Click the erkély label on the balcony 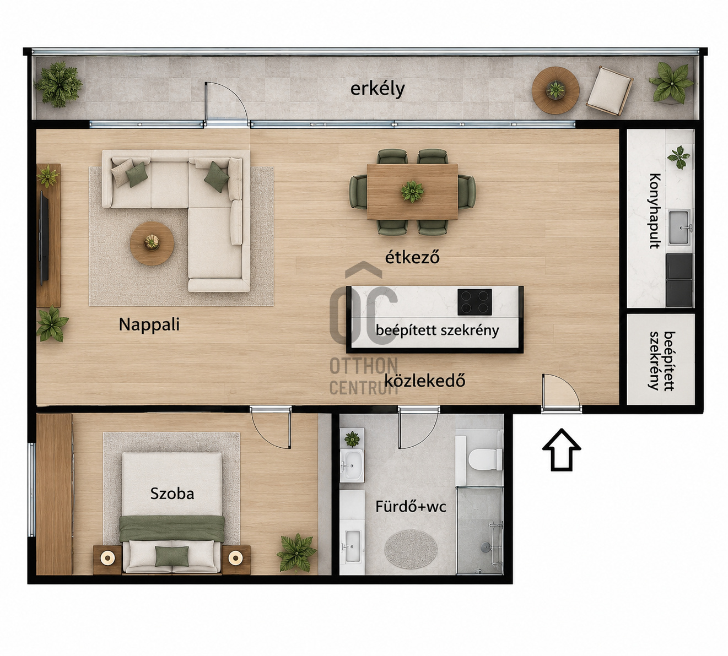378,89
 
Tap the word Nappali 149,324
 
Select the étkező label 412,257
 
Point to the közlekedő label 424,381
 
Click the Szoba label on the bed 172,494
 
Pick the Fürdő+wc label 411,507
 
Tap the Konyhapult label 655,211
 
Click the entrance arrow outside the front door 562,450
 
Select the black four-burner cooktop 474,302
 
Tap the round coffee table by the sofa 152,243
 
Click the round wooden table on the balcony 556,90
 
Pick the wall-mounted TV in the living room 44,238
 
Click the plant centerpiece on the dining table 412,191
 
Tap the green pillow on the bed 171,557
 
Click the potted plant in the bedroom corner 296,553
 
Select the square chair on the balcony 610,91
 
